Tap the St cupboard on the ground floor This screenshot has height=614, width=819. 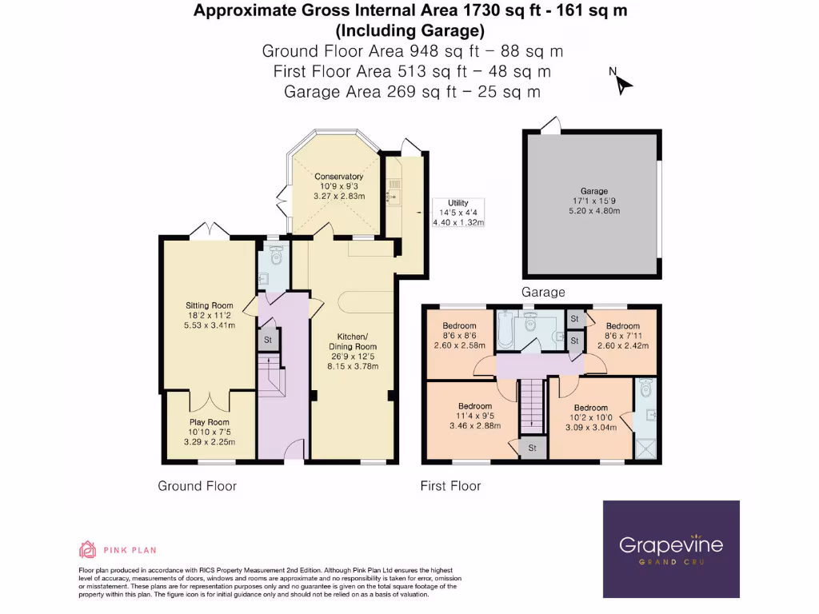[x=267, y=340]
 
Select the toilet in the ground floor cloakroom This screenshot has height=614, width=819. [x=276, y=257]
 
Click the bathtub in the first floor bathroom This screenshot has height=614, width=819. [x=504, y=330]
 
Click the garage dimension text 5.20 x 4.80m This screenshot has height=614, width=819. [x=594, y=210]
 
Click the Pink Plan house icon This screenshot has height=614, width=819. [x=87, y=549]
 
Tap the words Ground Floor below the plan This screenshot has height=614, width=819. [x=197, y=485]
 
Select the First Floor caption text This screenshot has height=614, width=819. [x=450, y=485]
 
